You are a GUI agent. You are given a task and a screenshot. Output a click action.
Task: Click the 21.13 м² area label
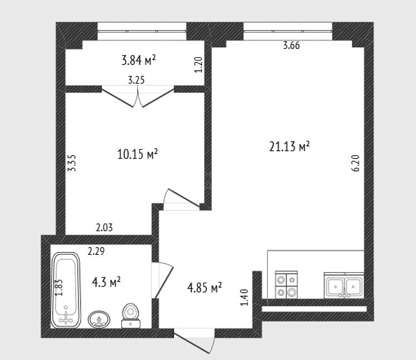pyautogui.click(x=289, y=146)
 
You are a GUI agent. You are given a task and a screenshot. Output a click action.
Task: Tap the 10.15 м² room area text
pyautogui.click(x=137, y=154)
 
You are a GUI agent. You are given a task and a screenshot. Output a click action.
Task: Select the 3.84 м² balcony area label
pyautogui.click(x=138, y=60)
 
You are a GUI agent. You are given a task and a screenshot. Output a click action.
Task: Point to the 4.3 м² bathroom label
pyautogui.click(x=106, y=282)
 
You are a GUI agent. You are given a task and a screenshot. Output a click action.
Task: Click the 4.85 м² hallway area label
pyautogui.click(x=204, y=288)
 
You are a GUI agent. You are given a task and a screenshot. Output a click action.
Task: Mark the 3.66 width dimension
pyautogui.click(x=291, y=46)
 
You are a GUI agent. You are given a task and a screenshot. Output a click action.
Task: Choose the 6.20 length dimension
pyautogui.click(x=356, y=163)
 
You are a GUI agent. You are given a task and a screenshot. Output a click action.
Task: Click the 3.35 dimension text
pyautogui.click(x=72, y=163)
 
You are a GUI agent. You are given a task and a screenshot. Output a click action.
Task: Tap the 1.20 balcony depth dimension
pyautogui.click(x=199, y=65)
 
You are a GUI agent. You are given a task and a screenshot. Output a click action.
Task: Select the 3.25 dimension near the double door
pyautogui.click(x=136, y=80)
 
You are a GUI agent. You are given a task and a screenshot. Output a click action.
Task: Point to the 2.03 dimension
pyautogui.click(x=104, y=228)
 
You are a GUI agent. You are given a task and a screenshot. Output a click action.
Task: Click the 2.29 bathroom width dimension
pyautogui.click(x=96, y=251)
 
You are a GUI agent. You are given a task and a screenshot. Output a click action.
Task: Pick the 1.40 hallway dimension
pyautogui.click(x=244, y=297)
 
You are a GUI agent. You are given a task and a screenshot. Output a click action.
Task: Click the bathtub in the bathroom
pyautogui.click(x=66, y=290)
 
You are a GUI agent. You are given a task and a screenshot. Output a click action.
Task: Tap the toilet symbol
pyautogui.click(x=131, y=315)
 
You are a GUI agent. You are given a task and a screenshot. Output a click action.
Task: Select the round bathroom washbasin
pyautogui.click(x=99, y=319)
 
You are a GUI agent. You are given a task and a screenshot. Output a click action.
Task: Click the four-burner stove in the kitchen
pyautogui.click(x=286, y=284)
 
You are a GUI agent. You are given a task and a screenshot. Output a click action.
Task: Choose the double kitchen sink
pyautogui.click(x=344, y=285)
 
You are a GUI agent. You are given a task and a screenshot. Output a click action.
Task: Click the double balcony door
pyautogui.click(x=138, y=96)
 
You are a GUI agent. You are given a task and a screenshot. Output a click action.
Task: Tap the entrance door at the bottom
pyautogui.click(x=195, y=341)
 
